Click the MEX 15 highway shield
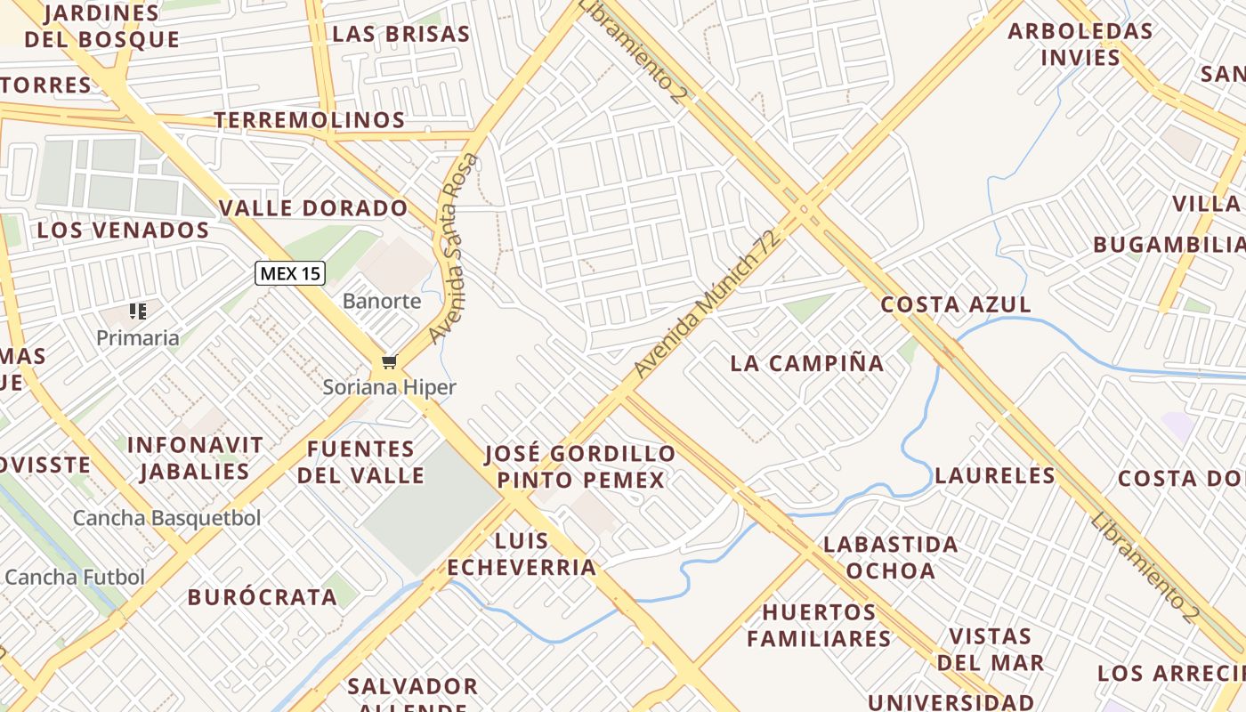pyautogui.click(x=290, y=273)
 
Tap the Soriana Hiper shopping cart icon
pyautogui.click(x=388, y=361)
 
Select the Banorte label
pyautogui.click(x=382, y=301)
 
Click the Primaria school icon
pyautogui.click(x=137, y=311)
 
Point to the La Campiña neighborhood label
pyautogui.click(x=807, y=363)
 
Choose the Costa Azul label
pyautogui.click(x=956, y=304)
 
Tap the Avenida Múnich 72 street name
pyautogui.click(x=708, y=303)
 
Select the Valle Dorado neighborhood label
pyautogui.click(x=313, y=208)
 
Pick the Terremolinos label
pyautogui.click(x=310, y=120)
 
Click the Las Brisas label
pyautogui.click(x=400, y=34)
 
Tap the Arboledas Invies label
pyautogui.click(x=1080, y=44)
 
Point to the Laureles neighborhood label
pyautogui.click(x=995, y=475)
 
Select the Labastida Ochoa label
pyautogui.click(x=890, y=557)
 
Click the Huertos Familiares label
pyautogui.click(x=819, y=625)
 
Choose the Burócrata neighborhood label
pyautogui.click(x=263, y=597)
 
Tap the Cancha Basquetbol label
pyautogui.click(x=167, y=518)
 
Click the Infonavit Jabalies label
pyautogui.click(x=195, y=457)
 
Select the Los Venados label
pyautogui.click(x=123, y=230)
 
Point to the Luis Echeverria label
pyautogui.click(x=522, y=554)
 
